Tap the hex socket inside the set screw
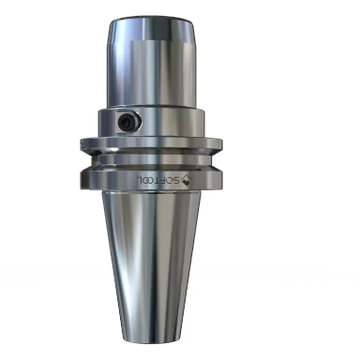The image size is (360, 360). (126, 122)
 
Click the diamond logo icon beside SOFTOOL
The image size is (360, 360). (187, 180)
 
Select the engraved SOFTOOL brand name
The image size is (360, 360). (158, 180)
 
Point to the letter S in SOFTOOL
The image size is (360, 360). (176, 181)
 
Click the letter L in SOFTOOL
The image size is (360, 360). (140, 180)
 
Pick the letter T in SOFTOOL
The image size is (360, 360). (157, 180)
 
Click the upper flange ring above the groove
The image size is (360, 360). (151, 144)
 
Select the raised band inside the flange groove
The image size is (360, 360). (151, 159)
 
